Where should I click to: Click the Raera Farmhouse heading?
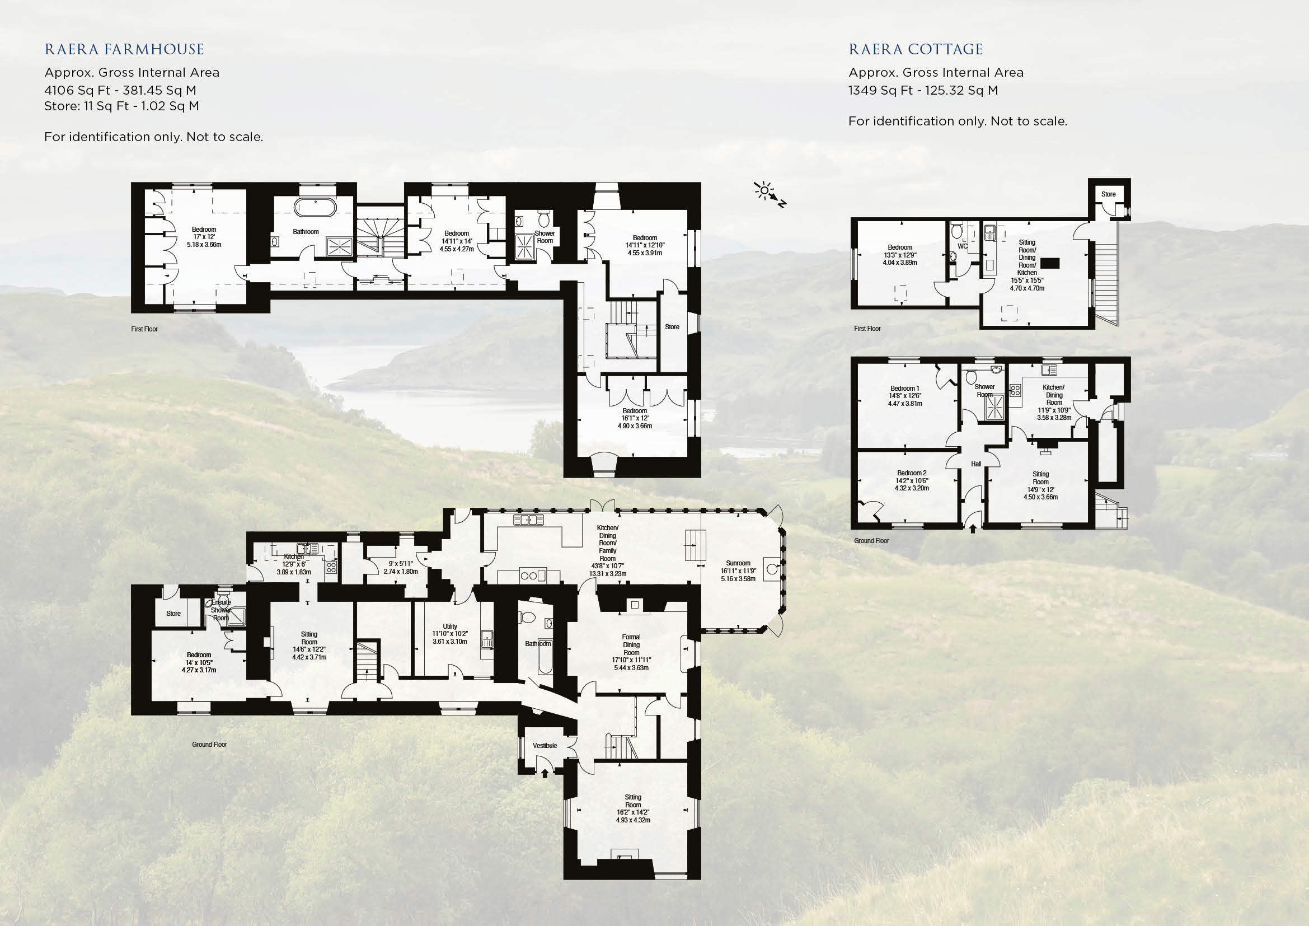point(124,50)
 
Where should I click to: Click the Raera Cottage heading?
point(916,50)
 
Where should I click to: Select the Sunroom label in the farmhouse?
point(738,563)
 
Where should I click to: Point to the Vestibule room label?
point(545,745)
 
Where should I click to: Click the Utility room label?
point(450,626)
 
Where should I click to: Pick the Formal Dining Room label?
point(631,645)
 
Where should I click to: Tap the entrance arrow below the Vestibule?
point(545,773)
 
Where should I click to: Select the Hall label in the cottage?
point(976,464)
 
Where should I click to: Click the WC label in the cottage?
point(963,246)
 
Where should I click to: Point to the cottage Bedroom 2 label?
point(912,473)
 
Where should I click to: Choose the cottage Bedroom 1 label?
point(905,389)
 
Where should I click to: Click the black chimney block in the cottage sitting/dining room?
point(1049,263)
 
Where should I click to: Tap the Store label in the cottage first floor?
point(1108,194)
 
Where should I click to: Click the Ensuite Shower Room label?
point(221,610)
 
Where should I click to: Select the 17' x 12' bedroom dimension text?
point(204,237)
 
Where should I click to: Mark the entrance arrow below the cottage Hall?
point(973,529)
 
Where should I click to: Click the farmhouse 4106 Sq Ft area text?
point(120,90)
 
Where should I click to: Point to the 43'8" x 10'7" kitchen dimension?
point(607,567)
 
